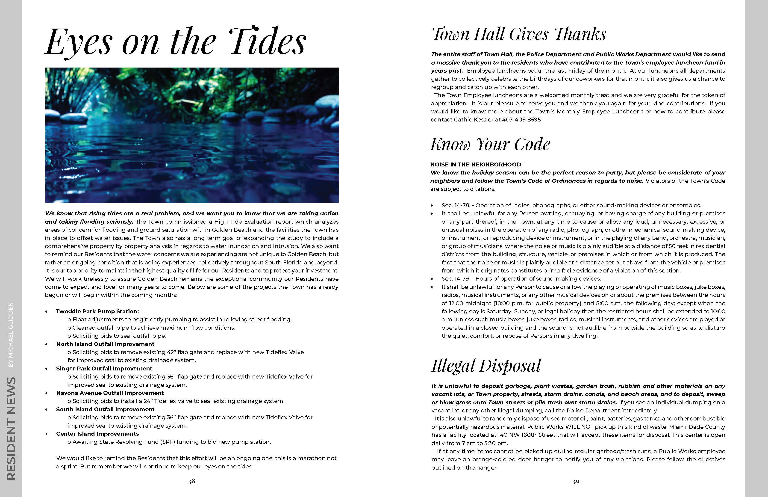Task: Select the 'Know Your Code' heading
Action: click(490, 144)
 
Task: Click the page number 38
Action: click(192, 481)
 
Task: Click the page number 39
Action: click(576, 482)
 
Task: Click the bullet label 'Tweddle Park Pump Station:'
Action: click(97, 311)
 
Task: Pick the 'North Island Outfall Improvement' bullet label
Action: click(105, 344)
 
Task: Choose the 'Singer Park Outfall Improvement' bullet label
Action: click(104, 369)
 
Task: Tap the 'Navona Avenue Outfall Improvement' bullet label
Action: click(110, 393)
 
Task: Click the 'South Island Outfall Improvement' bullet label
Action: click(106, 409)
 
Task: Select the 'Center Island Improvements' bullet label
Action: click(97, 434)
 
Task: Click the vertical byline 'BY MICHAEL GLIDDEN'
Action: click(11, 335)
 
